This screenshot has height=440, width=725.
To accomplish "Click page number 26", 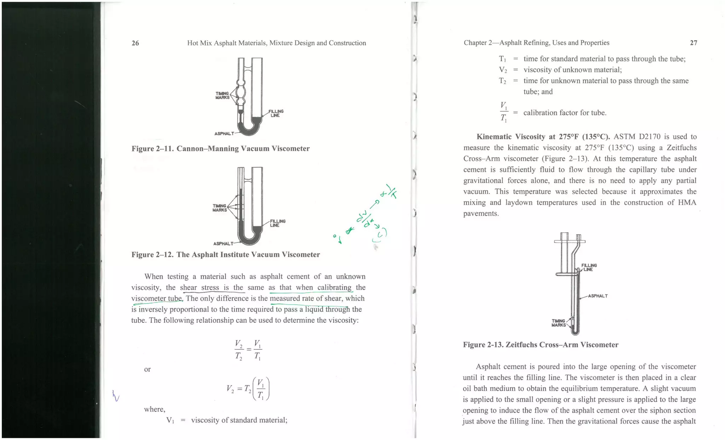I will coord(135,43).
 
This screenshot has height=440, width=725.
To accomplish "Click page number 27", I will coord(693,43).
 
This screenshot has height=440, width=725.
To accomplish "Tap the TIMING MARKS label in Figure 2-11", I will coord(222,96).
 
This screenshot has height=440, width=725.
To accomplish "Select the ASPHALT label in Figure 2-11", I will coord(224,133).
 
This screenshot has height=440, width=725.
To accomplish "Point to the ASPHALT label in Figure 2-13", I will coord(598,296).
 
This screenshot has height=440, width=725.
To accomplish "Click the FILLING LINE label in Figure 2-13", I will coord(589,267).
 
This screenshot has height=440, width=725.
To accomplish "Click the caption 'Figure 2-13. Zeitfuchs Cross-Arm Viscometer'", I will coord(541,345).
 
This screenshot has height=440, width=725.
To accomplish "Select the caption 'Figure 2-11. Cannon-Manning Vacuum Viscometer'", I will coord(221,149).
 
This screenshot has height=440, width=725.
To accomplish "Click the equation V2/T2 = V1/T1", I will coord(248,350).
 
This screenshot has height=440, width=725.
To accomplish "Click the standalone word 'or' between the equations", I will coord(147,369).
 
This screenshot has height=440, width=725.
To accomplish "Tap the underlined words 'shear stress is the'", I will coord(212,287).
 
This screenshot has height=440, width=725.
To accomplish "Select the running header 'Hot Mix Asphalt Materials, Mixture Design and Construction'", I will coord(276,43).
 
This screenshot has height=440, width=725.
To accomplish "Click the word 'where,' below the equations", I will coord(154,409).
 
